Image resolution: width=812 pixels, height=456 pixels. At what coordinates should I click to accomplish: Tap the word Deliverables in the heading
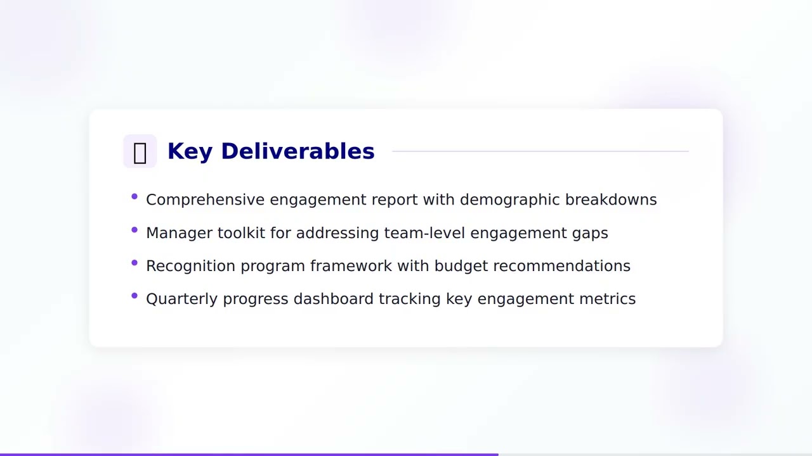pos(298,151)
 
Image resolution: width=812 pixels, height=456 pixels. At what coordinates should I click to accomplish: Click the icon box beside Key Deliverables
pos(140,151)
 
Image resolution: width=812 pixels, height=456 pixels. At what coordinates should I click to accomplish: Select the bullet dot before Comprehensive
pos(134,197)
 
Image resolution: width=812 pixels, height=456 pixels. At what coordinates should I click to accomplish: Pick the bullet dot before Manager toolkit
pos(134,230)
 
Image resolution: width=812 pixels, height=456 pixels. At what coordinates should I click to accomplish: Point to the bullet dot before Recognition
pos(134,263)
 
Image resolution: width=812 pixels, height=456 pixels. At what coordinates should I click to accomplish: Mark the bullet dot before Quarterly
pos(134,296)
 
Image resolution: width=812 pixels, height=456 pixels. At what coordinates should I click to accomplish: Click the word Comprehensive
pos(205,199)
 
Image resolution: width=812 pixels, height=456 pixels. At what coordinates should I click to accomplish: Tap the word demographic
pos(509,199)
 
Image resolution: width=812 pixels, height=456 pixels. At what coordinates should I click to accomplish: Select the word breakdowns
pos(611,199)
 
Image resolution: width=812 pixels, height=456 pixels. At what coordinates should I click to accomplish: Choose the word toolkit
pos(241,232)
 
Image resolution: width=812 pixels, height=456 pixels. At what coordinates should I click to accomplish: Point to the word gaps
pos(590,233)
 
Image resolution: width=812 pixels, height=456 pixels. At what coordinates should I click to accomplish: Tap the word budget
pos(461,265)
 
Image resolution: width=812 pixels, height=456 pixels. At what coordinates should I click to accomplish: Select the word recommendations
pos(561,265)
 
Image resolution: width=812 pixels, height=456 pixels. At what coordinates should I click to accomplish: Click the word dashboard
pos(333,298)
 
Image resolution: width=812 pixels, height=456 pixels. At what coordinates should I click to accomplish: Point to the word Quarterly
pos(182,299)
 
